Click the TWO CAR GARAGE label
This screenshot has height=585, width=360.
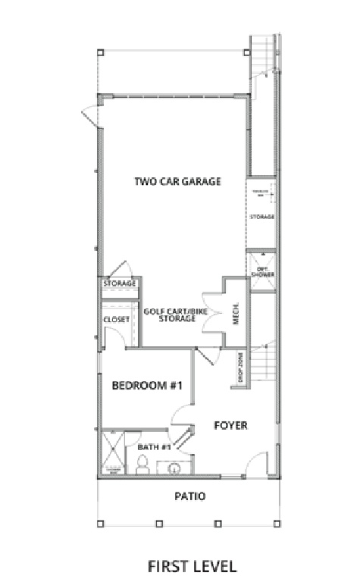(x=177, y=181)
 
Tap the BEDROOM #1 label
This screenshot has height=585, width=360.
(x=148, y=386)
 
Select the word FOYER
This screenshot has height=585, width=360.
(x=230, y=425)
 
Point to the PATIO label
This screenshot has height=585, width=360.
(x=189, y=497)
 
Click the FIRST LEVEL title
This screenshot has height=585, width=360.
(x=192, y=565)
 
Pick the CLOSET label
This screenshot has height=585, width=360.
(x=117, y=320)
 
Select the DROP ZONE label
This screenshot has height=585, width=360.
(x=241, y=369)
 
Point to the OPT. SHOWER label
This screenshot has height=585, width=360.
(x=262, y=271)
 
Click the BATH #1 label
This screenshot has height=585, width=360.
(x=154, y=447)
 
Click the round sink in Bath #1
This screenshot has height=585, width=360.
(x=174, y=468)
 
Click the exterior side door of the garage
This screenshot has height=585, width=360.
(x=90, y=117)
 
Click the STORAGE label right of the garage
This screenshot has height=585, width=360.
(x=261, y=217)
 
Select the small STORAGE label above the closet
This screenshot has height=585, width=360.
(x=120, y=283)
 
